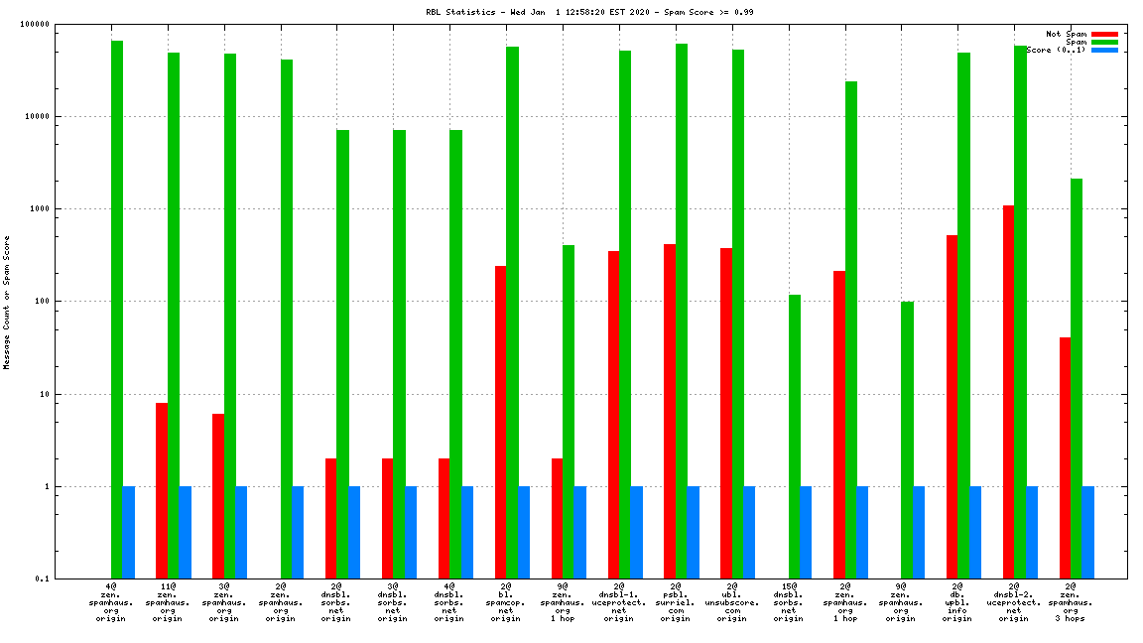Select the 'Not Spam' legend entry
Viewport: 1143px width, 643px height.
(1067, 34)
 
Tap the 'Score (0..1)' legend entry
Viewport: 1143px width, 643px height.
(1058, 50)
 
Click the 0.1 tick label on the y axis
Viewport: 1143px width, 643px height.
(70, 579)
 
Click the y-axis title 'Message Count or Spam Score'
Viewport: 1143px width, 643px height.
(7, 303)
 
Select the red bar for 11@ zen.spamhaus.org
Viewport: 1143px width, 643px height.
(162, 490)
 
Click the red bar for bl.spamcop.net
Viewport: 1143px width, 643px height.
(500, 422)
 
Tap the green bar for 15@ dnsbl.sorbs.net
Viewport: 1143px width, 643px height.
(795, 437)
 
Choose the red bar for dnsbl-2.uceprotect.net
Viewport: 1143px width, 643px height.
(1008, 392)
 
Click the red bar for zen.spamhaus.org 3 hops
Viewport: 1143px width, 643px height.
(1065, 457)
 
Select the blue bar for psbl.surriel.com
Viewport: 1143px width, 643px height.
(693, 533)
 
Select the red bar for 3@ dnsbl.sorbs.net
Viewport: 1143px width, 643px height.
(387, 518)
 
